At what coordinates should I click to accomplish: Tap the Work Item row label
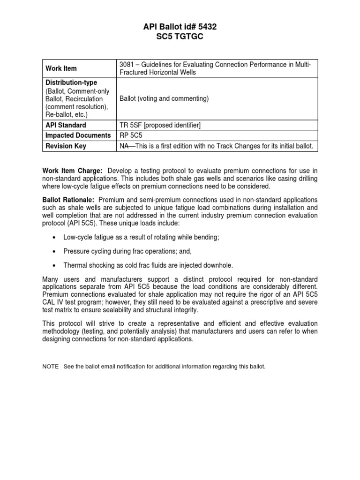coord(61,68)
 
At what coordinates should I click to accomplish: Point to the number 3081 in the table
coord(128,64)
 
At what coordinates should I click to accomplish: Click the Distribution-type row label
coord(71,82)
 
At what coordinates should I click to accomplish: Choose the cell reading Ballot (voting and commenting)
coord(164,99)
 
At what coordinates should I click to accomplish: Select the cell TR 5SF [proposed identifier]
coord(161,126)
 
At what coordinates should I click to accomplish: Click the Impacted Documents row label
coord(78,135)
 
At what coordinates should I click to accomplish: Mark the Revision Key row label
coord(66,146)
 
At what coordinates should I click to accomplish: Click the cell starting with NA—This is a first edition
coord(216,146)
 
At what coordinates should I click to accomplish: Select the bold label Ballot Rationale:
coord(67,200)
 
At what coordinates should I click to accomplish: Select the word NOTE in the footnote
coord(51,366)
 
